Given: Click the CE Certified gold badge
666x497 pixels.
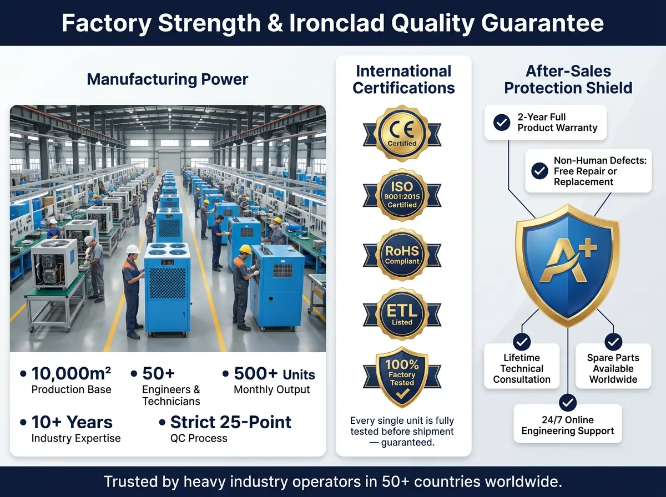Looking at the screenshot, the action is [x=402, y=134].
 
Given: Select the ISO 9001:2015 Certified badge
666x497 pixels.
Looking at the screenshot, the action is [x=402, y=195].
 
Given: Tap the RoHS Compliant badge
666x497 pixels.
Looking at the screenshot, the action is [x=402, y=255].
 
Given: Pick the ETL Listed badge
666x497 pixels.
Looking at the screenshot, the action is [x=402, y=314].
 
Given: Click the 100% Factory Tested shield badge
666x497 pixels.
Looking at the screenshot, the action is [x=402, y=377].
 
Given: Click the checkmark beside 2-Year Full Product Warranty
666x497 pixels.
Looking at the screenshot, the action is [x=502, y=123].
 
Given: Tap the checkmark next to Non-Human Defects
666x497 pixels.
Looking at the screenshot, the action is [x=539, y=171].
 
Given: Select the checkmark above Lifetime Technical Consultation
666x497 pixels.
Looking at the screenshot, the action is [x=522, y=342].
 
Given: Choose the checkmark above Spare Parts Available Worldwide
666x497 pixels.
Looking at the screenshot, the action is [x=613, y=342].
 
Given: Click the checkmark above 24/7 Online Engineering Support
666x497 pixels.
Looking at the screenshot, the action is [x=568, y=403].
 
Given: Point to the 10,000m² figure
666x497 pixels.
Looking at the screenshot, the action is [x=71, y=373].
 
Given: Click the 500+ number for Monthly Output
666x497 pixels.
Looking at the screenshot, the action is [x=255, y=373].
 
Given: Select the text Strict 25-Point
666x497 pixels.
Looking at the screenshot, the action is [x=230, y=422].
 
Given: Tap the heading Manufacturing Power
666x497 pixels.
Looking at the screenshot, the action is [x=168, y=79].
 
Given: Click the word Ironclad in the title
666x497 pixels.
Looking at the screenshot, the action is [x=337, y=23].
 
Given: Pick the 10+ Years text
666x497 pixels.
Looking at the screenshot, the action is [x=72, y=422].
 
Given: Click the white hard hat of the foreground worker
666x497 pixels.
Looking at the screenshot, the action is [x=133, y=249].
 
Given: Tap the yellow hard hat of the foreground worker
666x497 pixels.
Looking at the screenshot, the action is [x=245, y=249].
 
